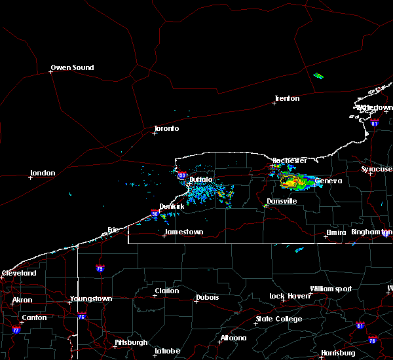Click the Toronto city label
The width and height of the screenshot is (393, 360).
(166, 128)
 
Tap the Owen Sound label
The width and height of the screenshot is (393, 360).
(72, 67)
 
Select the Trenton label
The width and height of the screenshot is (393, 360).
(287, 98)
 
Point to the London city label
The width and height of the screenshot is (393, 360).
(42, 173)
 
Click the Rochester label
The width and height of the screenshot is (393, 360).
(289, 160)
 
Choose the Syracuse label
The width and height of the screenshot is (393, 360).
(376, 169)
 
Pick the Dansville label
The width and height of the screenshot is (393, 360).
(282, 201)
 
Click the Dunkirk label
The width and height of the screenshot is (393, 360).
(172, 206)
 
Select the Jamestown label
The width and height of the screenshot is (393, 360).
(183, 232)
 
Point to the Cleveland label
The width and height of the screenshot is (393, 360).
(18, 272)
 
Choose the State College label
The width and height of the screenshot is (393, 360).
(279, 319)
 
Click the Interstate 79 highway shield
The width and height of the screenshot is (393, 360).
(100, 268)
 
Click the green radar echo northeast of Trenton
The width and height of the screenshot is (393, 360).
(318, 76)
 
